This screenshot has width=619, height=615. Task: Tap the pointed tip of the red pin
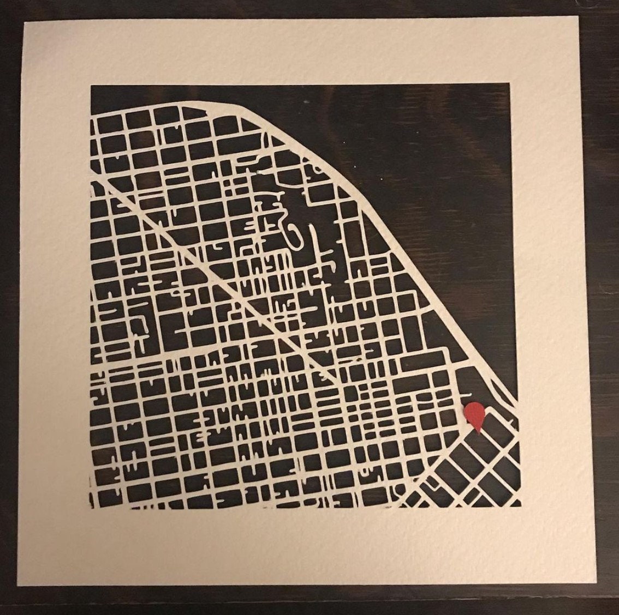pos(478,433)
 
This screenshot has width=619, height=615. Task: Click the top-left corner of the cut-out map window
pos(91,86)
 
